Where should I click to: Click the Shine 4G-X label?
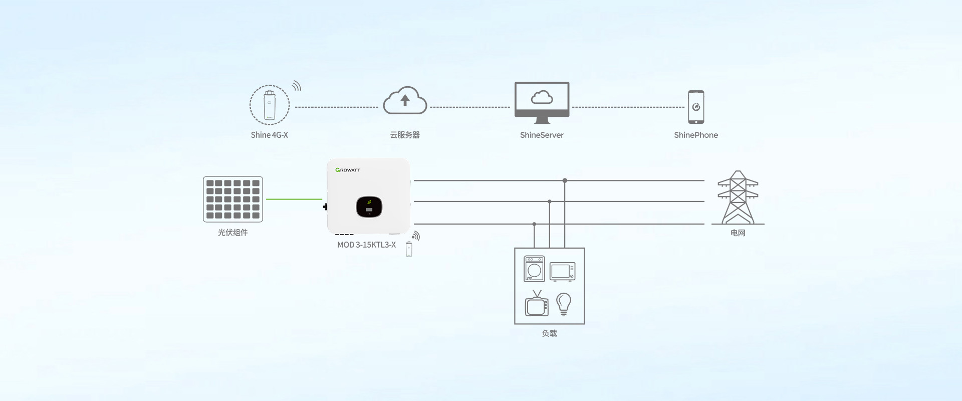[269, 135]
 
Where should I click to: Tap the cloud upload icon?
[405, 101]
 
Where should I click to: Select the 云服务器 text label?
[405, 135]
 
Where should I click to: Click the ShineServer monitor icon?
[542, 102]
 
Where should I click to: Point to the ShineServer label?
[542, 135]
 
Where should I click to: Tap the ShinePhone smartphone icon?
[696, 107]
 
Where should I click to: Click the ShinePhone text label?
[696, 135]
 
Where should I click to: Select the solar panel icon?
[233, 199]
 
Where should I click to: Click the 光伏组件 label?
[233, 233]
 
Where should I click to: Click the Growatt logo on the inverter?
[348, 170]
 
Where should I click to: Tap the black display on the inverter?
[369, 207]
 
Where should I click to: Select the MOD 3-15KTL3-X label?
[366, 245]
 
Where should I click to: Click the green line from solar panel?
[294, 199]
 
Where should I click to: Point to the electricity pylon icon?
[738, 197]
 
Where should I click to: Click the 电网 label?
[738, 233]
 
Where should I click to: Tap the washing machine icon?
[534, 269]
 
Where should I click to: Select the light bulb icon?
[564, 304]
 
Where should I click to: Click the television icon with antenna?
[537, 304]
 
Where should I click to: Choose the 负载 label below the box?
[550, 333]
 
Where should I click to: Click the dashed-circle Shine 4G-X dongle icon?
[270, 105]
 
